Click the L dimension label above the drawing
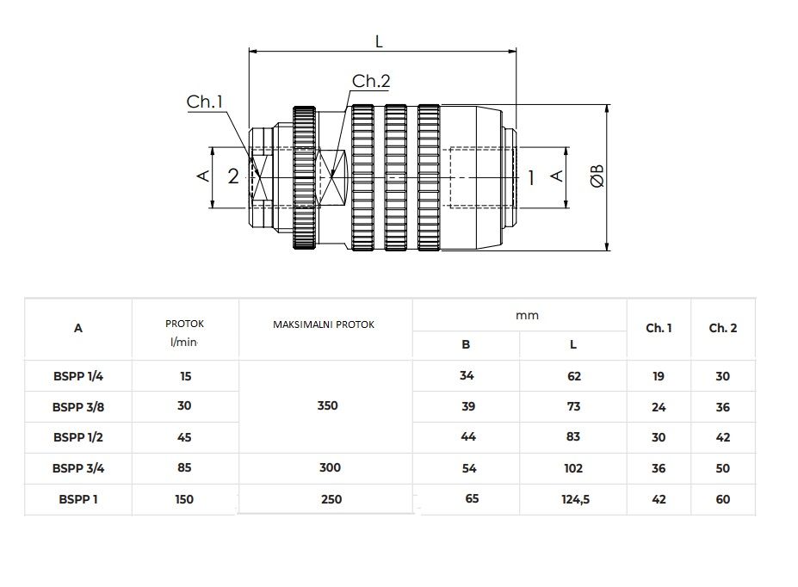tap(379, 41)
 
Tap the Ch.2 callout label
tap(371, 81)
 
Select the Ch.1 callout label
tap(205, 102)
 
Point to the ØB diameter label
tap(597, 176)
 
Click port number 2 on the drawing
tap(233, 176)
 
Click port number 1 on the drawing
tap(531, 177)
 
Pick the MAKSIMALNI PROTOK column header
tap(324, 324)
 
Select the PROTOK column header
tap(184, 324)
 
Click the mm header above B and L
tap(527, 315)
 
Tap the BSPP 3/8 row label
tap(78, 407)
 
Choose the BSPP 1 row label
tap(78, 499)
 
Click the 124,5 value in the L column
tap(576, 499)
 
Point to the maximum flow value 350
tap(327, 405)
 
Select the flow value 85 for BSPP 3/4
tap(184, 467)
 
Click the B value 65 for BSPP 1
tap(472, 498)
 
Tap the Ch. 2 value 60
tap(723, 499)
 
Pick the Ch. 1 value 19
tap(658, 376)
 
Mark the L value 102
tap(573, 468)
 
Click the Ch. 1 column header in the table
tap(659, 328)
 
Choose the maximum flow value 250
tap(331, 499)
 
